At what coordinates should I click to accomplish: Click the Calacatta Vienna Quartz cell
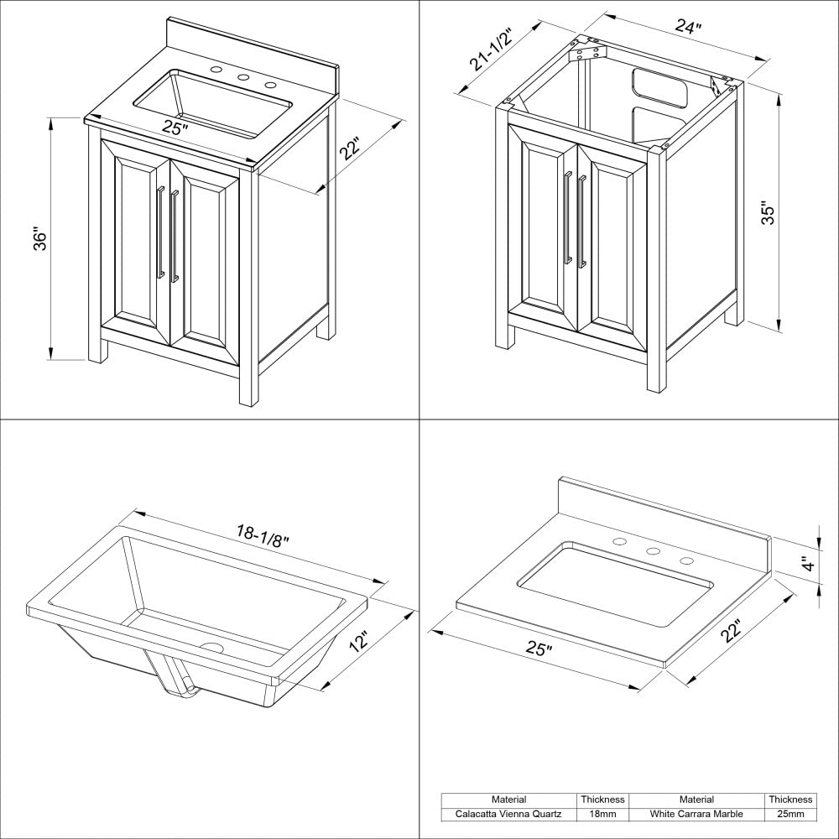(508, 814)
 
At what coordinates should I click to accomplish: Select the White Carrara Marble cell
(696, 814)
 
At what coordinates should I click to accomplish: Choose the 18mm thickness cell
(602, 814)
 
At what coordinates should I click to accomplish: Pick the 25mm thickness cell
(789, 814)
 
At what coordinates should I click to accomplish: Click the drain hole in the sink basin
(211, 648)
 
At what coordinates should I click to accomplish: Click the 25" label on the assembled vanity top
(175, 128)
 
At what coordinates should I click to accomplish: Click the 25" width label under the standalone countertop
(539, 649)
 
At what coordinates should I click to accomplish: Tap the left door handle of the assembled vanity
(159, 232)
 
